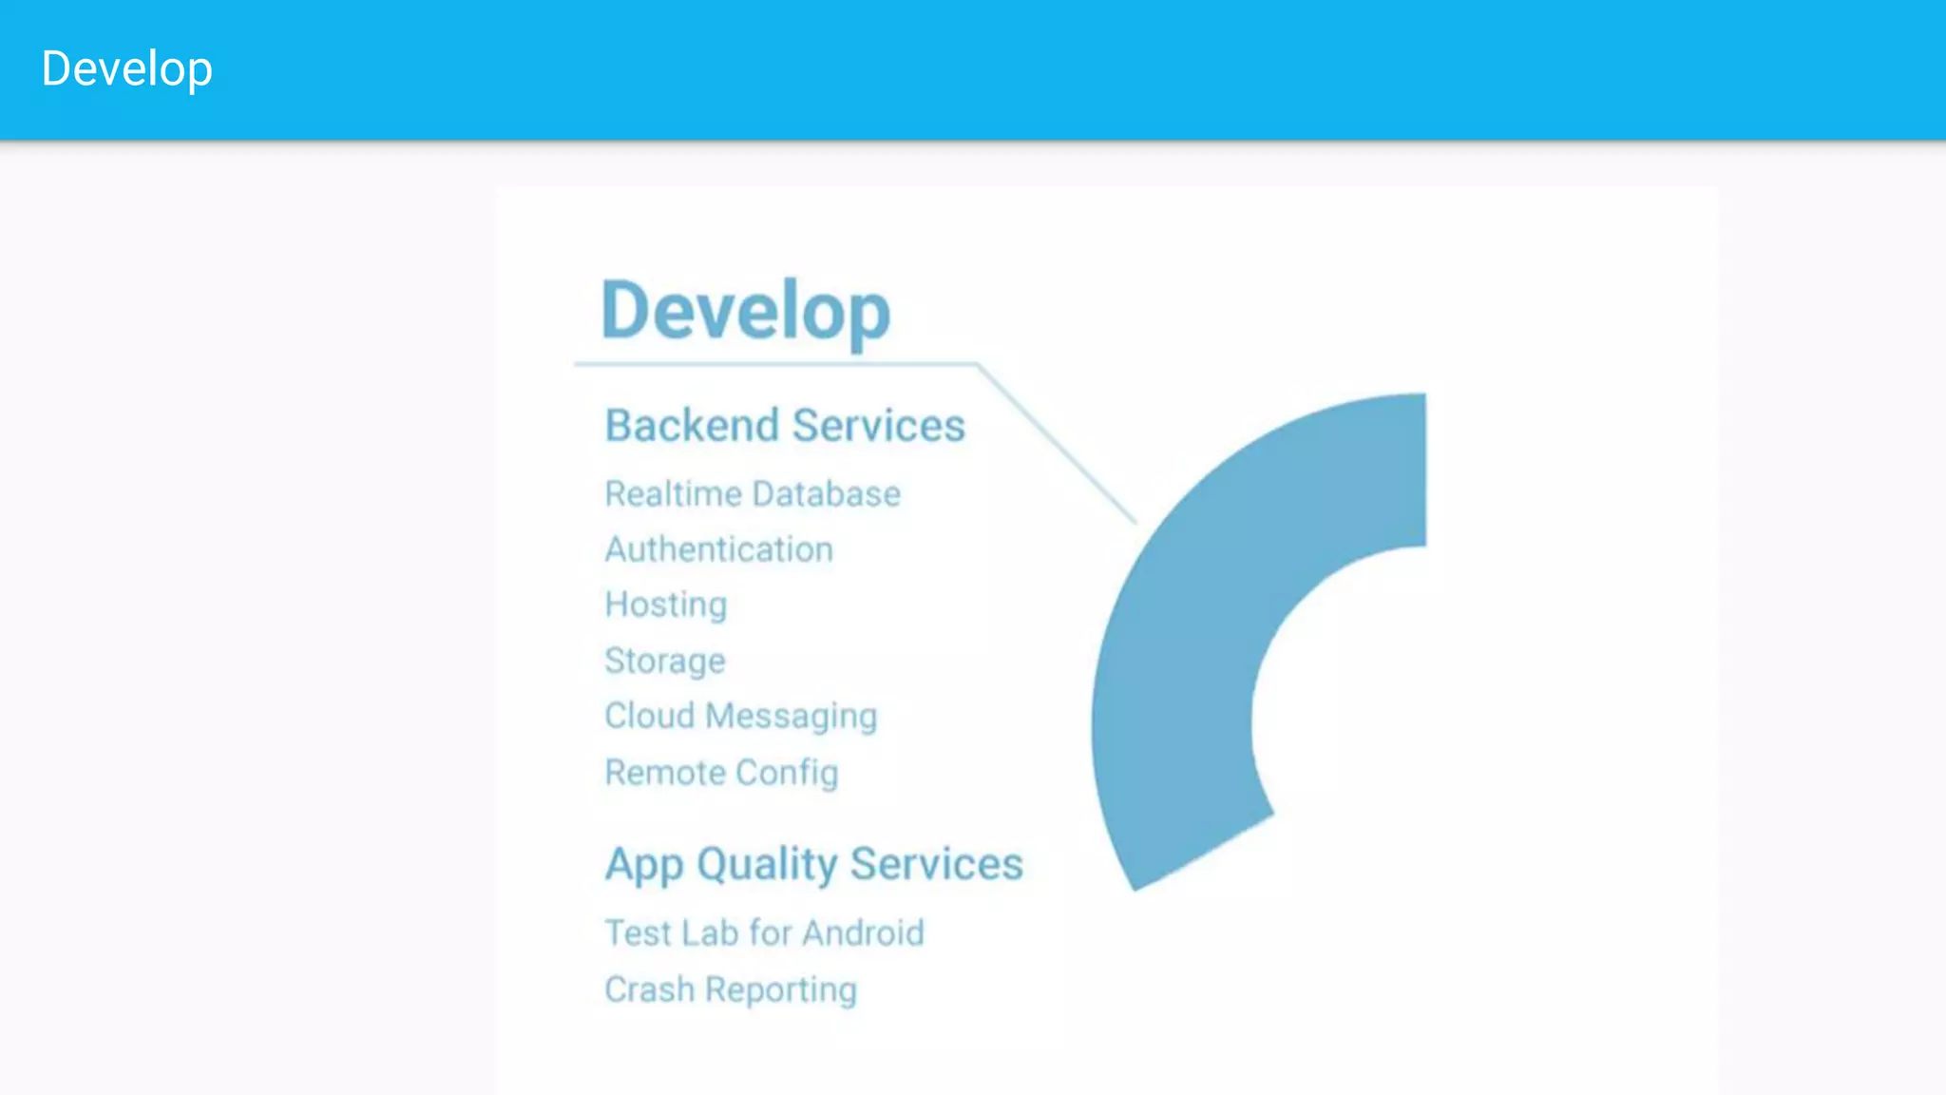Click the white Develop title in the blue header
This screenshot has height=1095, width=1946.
pos(126,69)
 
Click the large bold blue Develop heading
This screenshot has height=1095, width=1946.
pos(746,310)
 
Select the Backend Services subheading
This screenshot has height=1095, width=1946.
pos(785,425)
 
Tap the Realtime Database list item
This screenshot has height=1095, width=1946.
pos(753,494)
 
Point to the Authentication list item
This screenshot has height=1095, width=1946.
pos(719,549)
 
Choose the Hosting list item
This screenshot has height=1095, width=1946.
pos(666,605)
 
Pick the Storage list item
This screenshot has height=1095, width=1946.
pos(665,661)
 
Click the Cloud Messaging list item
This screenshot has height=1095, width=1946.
pos(741,716)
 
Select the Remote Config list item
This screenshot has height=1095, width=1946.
pos(721,773)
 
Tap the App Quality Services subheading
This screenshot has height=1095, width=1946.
pos(814,864)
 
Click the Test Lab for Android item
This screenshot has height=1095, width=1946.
pos(764,933)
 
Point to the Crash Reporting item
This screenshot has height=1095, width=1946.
pos(731,989)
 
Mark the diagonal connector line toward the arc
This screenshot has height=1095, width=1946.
pos(1057,443)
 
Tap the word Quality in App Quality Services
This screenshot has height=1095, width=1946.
pos(767,864)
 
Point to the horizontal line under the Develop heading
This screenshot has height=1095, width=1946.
pos(774,364)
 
